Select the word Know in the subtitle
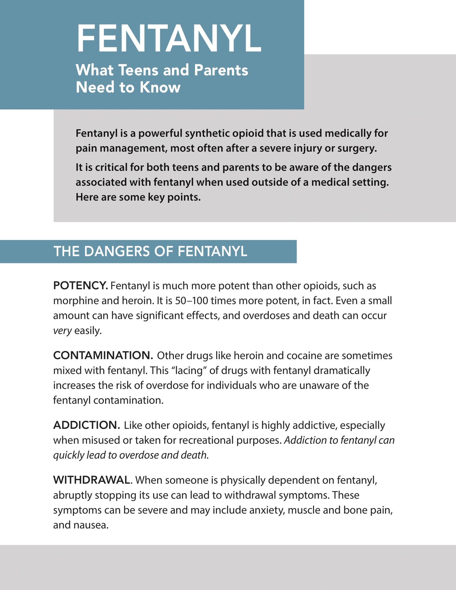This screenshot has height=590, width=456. pos(160,87)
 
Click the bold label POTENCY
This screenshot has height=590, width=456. pos(80,286)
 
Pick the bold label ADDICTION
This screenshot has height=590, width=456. pos(86,425)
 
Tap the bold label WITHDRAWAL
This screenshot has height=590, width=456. pos(92,480)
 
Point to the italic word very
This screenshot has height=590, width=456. pos(62,331)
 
